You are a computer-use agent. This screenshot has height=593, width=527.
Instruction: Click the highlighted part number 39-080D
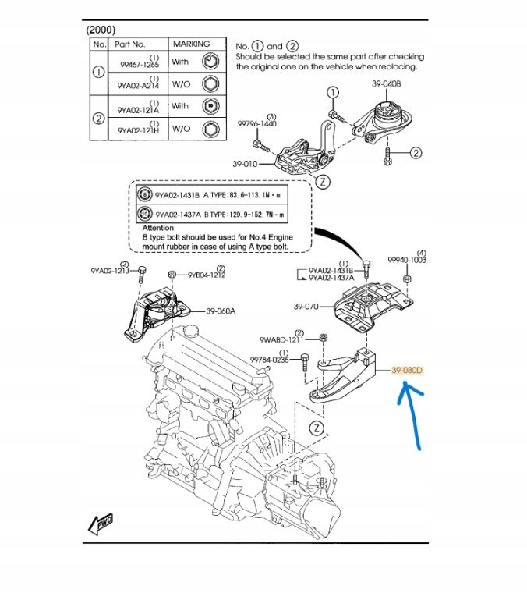(406, 371)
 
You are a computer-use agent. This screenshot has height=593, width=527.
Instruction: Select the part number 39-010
(244, 164)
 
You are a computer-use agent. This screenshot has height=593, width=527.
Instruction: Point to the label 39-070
(307, 307)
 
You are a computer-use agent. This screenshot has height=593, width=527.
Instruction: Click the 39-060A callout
(221, 311)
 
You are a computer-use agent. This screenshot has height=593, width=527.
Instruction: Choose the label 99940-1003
(407, 260)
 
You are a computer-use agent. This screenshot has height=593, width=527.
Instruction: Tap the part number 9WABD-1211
(281, 340)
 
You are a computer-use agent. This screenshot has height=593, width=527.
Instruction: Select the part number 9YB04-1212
(207, 275)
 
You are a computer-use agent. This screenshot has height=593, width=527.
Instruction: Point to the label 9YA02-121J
(109, 271)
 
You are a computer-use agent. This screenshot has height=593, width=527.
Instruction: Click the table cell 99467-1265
(138, 65)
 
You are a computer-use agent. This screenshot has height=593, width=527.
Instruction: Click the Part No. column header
(130, 44)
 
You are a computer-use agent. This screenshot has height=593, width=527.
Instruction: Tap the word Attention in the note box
(157, 228)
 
